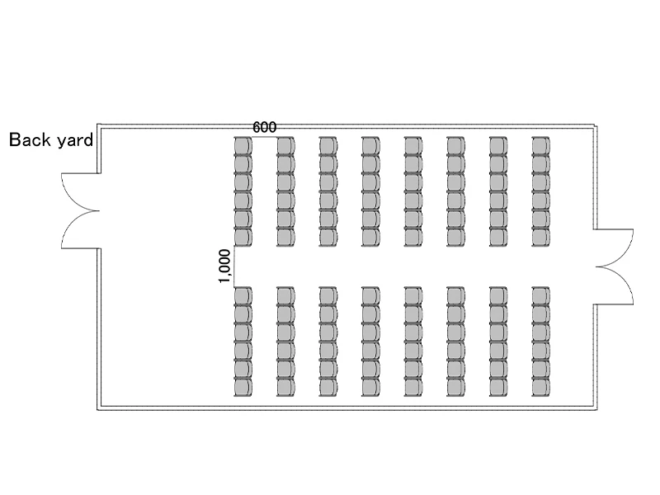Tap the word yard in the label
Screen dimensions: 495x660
[x=73, y=141]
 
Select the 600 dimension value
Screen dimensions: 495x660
[x=264, y=127]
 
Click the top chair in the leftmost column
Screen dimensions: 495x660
[x=243, y=146]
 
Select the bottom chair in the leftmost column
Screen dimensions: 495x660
[x=243, y=387]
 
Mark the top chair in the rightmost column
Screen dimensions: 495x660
[x=541, y=146]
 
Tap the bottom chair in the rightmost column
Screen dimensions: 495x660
[x=541, y=387]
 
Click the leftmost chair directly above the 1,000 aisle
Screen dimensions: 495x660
[x=243, y=237]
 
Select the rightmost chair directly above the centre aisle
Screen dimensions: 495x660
[x=541, y=237]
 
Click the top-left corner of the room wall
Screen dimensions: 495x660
[x=98, y=125]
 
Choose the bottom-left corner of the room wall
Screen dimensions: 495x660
[x=98, y=410]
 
